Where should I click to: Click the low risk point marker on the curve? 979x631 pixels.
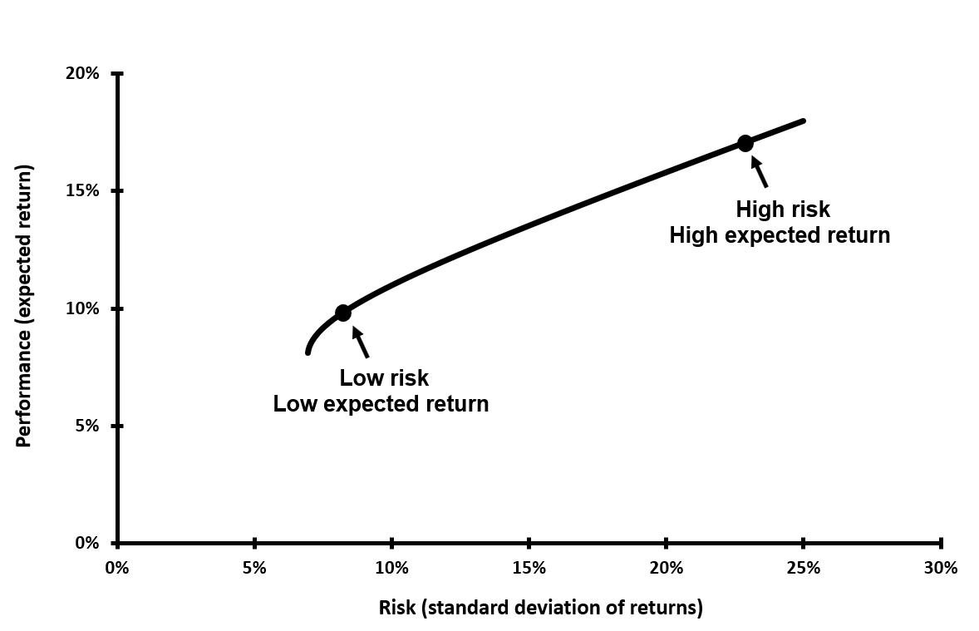[x=342, y=313]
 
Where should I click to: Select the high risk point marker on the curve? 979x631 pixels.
[x=745, y=143]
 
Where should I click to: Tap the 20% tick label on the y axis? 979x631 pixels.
[x=82, y=73]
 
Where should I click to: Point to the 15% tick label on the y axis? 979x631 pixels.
[x=82, y=190]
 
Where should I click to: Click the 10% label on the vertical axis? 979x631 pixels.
[x=82, y=308]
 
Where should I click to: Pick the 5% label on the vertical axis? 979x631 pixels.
[x=87, y=426]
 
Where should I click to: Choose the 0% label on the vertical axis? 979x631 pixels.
[x=87, y=543]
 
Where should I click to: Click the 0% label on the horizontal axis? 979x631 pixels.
[x=117, y=569]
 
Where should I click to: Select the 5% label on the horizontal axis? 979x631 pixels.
[x=254, y=569]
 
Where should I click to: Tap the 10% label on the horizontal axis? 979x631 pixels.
[x=391, y=569]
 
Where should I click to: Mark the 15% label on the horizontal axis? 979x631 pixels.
[x=529, y=569]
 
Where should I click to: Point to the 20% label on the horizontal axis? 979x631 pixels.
[x=667, y=569]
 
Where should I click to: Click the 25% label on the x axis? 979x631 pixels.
[x=804, y=569]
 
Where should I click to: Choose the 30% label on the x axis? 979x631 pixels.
[x=941, y=569]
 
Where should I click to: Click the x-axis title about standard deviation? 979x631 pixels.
[x=540, y=608]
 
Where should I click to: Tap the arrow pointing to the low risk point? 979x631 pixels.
[x=360, y=342]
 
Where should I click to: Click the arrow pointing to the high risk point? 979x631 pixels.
[x=759, y=171]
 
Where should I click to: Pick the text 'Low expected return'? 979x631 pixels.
[x=381, y=404]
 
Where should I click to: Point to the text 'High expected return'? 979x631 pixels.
[x=780, y=235]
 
